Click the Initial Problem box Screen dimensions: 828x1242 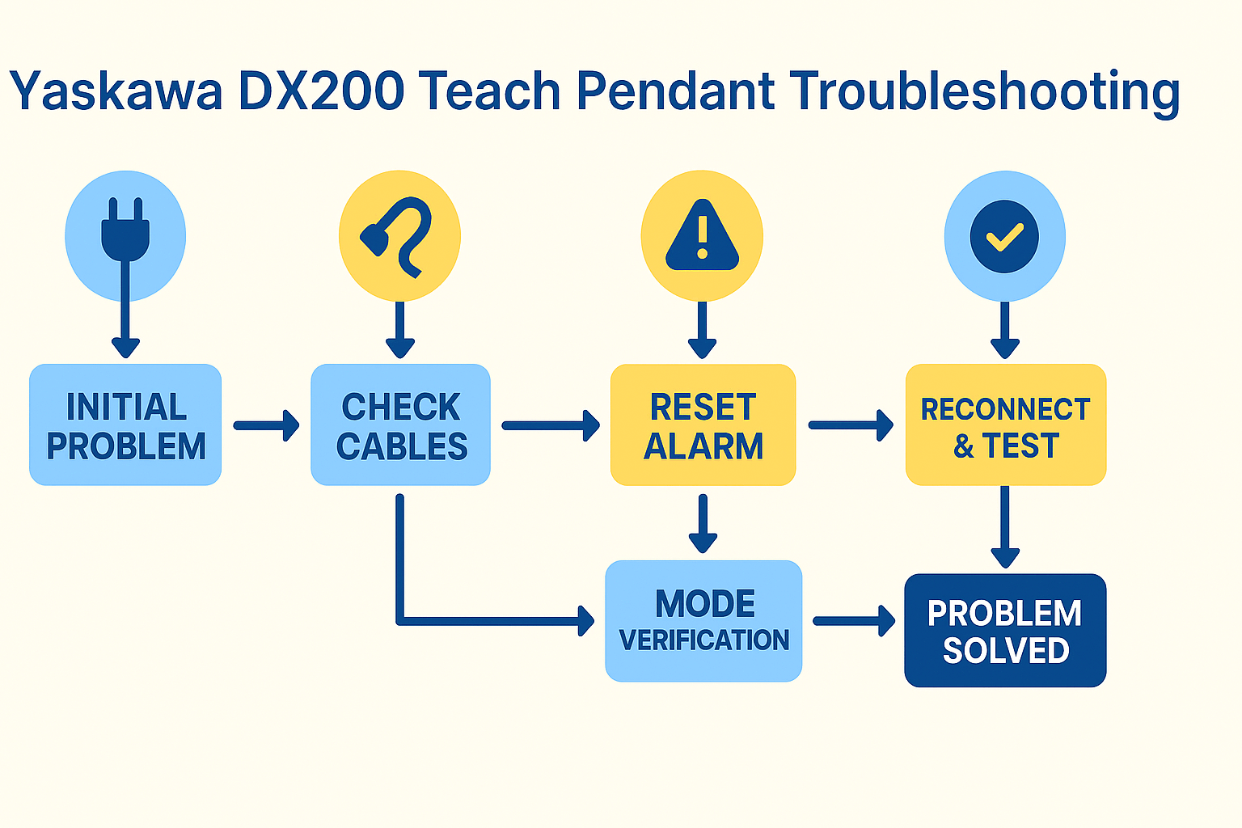coord(125,425)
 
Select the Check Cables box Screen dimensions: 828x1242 coord(400,425)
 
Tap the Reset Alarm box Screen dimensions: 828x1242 coord(703,425)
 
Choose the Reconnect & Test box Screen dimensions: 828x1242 coord(1005,425)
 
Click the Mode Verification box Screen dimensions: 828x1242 coord(703,621)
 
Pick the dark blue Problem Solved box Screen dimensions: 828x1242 coord(1005,631)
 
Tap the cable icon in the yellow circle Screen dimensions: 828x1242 coord(399,236)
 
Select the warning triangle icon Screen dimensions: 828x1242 coord(702,236)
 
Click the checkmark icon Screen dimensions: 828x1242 coord(1004,236)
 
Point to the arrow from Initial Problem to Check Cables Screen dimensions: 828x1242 coord(266,425)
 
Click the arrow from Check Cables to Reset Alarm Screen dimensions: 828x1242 coord(550,425)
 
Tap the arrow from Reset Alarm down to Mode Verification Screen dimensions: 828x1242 coord(703,524)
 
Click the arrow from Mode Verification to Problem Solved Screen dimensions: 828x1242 coord(854,621)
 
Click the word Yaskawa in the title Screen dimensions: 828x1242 coord(116,91)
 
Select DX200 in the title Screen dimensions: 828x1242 coord(321,91)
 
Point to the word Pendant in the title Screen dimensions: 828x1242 coord(675,91)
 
